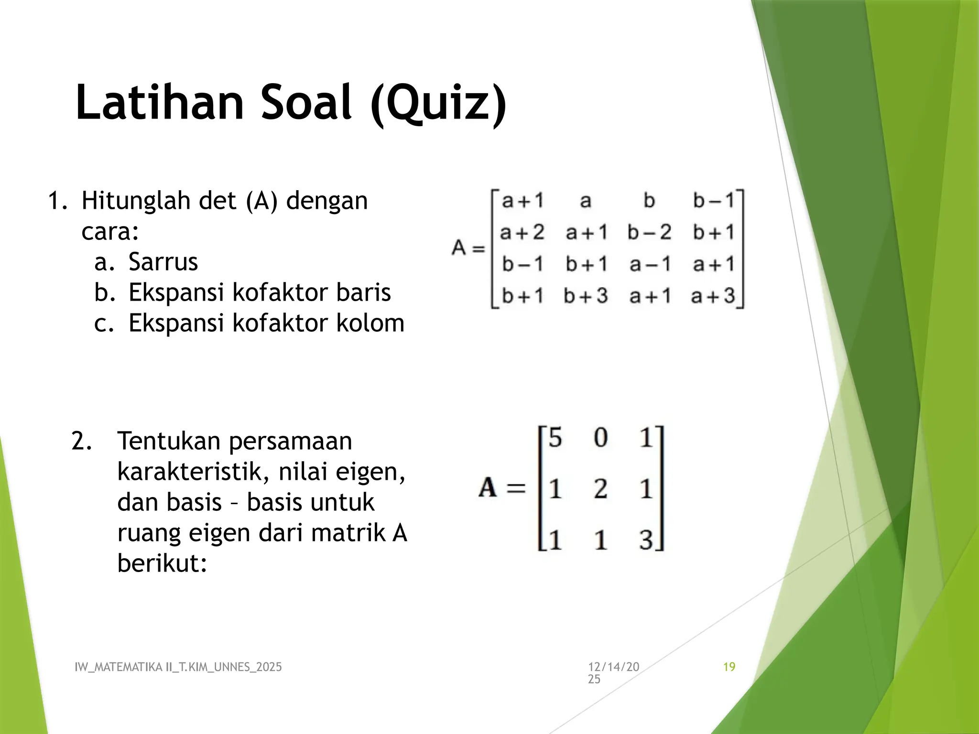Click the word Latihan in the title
tap(160, 102)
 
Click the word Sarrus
tap(163, 262)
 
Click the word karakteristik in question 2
tap(190, 472)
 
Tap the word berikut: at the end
tap(162, 563)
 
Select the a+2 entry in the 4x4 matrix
tap(522, 233)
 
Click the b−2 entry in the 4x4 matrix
tap(649, 233)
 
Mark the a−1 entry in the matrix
tap(650, 264)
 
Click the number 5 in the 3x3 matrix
tap(555, 437)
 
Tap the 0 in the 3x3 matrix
tap(600, 437)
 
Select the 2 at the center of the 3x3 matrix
tap(600, 489)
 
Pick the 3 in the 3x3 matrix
tap(646, 540)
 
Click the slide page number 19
tap(729, 667)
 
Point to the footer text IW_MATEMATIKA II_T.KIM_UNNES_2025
tap(178, 667)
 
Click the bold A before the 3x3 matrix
tap(488, 488)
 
